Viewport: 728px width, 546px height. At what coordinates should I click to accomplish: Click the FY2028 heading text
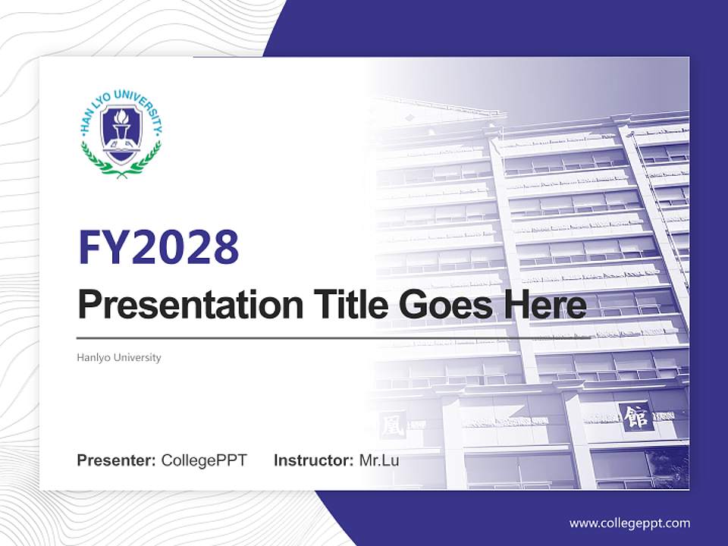pos(158,246)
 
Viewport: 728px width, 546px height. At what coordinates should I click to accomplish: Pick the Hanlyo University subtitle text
pos(119,357)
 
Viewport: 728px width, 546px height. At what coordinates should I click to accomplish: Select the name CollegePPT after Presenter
pos(204,460)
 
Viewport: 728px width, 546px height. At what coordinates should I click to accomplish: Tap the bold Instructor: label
pos(313,460)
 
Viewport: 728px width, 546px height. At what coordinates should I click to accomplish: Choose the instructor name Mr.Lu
pos(378,460)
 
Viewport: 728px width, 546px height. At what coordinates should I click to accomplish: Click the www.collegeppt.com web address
pos(629,522)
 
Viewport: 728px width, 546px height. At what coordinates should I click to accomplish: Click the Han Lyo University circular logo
pos(121,133)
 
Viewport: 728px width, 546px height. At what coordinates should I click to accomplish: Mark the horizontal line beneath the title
pos(303,337)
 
